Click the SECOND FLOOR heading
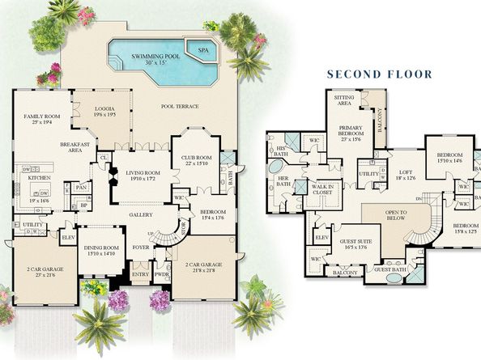click(379, 74)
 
